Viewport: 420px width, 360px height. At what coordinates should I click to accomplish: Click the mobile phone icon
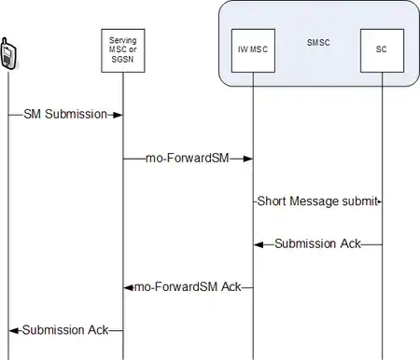[8, 53]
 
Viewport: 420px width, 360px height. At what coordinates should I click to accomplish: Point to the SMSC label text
[318, 43]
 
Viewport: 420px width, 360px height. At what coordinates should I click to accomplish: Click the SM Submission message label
[65, 114]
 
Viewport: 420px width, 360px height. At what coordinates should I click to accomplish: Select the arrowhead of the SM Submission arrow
[118, 115]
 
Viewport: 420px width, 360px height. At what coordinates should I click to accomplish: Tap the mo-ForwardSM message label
[188, 158]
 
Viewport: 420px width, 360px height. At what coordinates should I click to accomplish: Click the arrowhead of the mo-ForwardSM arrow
[248, 159]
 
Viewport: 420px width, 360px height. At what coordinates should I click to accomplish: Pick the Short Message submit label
[317, 201]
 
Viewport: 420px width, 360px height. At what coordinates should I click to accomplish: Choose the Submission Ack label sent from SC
[317, 243]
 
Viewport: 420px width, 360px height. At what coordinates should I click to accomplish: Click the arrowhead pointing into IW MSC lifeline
[259, 245]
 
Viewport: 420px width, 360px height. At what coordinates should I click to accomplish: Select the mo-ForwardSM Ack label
[188, 286]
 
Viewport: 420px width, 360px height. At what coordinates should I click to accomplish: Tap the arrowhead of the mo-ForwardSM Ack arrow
[129, 288]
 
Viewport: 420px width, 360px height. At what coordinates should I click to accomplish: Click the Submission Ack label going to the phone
[65, 330]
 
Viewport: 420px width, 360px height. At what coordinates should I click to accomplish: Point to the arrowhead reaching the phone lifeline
[14, 331]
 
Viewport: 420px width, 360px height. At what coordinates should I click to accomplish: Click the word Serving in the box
[122, 40]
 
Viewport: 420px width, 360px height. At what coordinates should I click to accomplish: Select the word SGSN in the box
[122, 59]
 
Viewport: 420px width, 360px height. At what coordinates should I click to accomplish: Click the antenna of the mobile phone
[5, 42]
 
